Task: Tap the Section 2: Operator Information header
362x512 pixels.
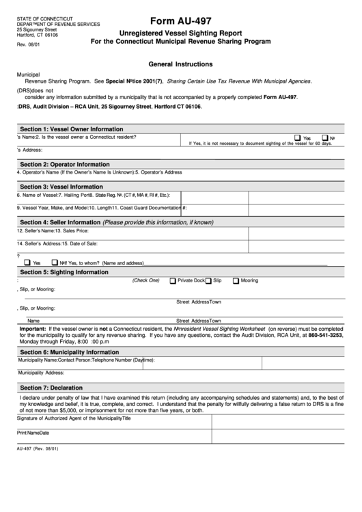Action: point(64,165)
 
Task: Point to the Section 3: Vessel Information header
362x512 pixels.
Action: point(61,187)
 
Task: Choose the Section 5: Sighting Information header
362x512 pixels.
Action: point(64,272)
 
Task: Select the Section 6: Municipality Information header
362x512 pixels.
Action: point(70,352)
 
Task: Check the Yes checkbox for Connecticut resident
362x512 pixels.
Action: point(298,137)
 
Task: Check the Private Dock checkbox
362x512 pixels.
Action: point(173,281)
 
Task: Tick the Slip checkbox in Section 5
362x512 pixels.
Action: point(208,281)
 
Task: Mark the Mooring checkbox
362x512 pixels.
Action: point(236,281)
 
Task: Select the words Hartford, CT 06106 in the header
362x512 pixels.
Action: point(38,35)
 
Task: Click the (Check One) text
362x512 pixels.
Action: point(145,280)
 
